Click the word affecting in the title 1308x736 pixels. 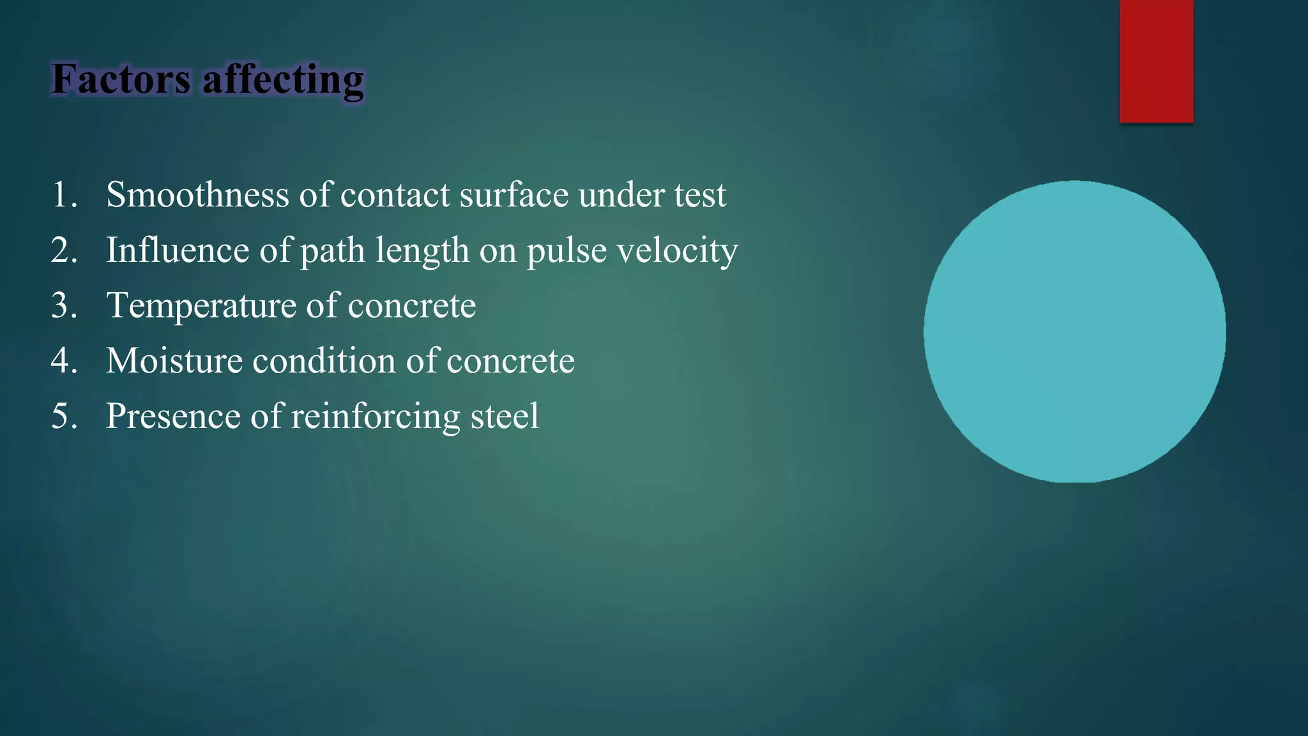[283, 80]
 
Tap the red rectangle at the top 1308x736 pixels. [1156, 61]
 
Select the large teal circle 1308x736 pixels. [1074, 332]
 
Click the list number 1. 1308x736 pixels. [63, 195]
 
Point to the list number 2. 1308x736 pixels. [63, 250]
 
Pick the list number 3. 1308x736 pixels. [63, 305]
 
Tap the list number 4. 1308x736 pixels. [63, 361]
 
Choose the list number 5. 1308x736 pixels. [63, 417]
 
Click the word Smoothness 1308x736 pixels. [197, 195]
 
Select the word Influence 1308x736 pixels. [177, 250]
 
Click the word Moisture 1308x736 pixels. [174, 361]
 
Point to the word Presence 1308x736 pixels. [172, 417]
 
